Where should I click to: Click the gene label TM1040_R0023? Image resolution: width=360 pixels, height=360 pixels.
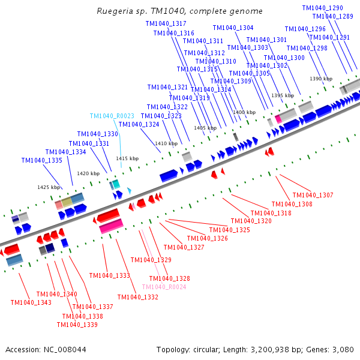tap(112, 116)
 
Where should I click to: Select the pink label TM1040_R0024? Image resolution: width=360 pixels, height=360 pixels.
tap(164, 287)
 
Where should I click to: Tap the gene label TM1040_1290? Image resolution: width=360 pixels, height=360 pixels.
tap(323, 8)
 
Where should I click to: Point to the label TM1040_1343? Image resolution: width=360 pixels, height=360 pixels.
tap(31, 302)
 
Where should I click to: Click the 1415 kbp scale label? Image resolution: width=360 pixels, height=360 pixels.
tap(127, 158)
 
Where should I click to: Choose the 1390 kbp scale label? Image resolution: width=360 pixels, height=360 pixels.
tap(320, 79)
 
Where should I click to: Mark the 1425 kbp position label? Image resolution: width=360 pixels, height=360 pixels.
tap(49, 187)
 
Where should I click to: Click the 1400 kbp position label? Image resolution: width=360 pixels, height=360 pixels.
tap(244, 112)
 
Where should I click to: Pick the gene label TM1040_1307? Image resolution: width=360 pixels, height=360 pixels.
tap(313, 195)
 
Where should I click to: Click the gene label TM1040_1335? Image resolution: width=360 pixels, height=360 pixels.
tap(42, 160)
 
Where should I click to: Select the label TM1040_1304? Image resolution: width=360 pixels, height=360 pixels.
tap(233, 28)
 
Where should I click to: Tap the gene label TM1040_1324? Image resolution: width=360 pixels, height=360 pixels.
tap(139, 124)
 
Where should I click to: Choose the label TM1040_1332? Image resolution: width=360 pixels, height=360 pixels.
tap(138, 297)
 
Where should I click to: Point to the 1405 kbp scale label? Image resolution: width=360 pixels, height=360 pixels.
tap(205, 128)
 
